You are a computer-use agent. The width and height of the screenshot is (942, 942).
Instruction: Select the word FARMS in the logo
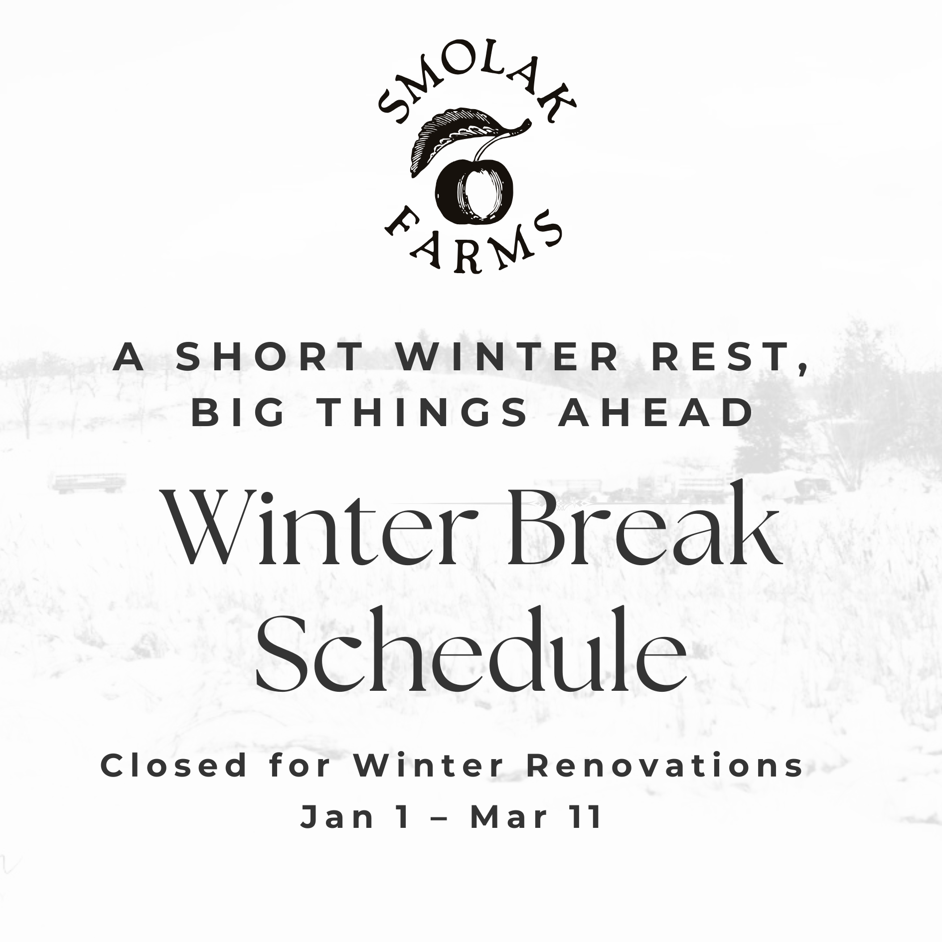[473, 242]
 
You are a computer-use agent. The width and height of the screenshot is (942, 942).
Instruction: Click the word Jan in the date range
[337, 817]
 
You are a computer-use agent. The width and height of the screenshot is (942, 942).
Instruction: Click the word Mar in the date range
[508, 817]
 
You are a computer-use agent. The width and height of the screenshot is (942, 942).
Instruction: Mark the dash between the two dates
[439, 819]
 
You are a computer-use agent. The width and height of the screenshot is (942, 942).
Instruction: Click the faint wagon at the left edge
[87, 482]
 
